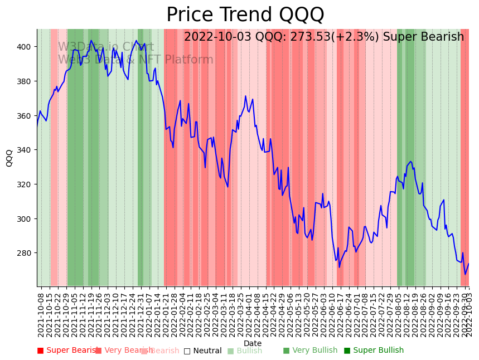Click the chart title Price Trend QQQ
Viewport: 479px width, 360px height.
(245, 15)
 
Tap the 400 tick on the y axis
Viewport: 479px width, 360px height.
(27, 47)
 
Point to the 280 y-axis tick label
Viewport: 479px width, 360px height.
(27, 253)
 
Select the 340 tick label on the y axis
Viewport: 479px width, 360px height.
(27, 150)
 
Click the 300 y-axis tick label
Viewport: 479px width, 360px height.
(27, 219)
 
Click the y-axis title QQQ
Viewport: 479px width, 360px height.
(9, 158)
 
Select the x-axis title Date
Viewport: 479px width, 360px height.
(253, 343)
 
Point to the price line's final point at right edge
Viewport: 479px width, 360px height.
(468, 264)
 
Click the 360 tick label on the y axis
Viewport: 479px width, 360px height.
(27, 116)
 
